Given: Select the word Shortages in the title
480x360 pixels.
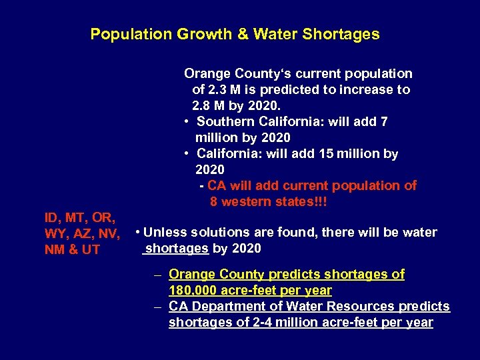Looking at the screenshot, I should pyautogui.click(x=346, y=34).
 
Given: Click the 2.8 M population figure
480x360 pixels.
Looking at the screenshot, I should pyautogui.click(x=205, y=105).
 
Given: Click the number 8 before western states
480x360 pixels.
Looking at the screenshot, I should pyautogui.click(x=214, y=201).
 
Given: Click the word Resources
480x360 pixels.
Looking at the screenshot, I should pyautogui.click(x=373, y=307).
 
